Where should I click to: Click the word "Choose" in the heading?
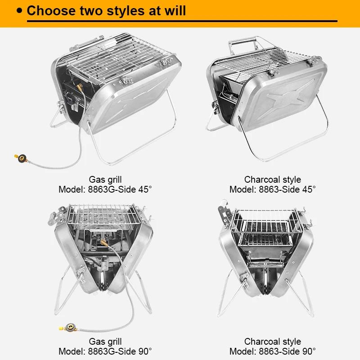click(49, 10)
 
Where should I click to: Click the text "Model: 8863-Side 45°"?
click(273, 189)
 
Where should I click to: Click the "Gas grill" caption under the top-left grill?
click(105, 180)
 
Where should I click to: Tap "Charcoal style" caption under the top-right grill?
click(273, 180)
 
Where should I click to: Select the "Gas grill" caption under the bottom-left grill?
click(105, 342)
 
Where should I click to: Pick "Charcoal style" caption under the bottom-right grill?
click(273, 342)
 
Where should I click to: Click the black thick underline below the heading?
click(180, 21)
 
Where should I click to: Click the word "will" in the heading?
click(173, 10)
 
